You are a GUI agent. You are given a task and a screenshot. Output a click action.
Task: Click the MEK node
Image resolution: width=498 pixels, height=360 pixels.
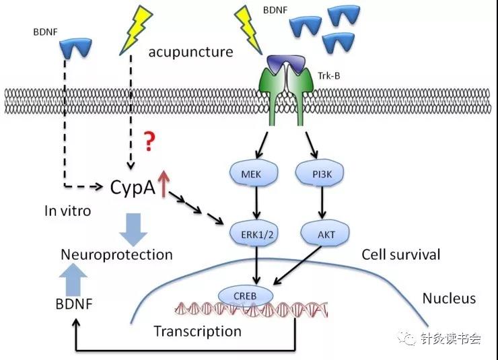(254, 174)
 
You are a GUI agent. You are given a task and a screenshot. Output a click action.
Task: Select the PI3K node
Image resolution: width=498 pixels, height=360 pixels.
(320, 174)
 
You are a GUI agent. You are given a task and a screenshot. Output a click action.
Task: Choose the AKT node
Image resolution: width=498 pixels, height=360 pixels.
(325, 234)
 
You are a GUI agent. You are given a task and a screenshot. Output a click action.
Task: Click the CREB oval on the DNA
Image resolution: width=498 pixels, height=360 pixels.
(245, 296)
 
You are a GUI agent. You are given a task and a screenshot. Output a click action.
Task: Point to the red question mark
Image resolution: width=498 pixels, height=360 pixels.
(149, 141)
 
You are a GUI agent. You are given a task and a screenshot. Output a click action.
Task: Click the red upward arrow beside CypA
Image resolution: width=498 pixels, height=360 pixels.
(164, 184)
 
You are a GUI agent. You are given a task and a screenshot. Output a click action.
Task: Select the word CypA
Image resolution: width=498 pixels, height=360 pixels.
(133, 188)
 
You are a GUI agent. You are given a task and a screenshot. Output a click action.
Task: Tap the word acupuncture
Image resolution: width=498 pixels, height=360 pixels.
(190, 52)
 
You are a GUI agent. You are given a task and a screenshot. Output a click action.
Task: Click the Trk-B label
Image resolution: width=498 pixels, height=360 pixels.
(328, 76)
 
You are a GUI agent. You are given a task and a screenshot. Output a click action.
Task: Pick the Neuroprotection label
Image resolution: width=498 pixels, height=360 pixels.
(116, 254)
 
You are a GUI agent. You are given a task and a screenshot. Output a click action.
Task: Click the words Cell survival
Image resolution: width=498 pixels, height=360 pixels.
(401, 254)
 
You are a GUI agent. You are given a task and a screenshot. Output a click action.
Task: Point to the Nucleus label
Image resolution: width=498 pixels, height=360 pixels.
(449, 298)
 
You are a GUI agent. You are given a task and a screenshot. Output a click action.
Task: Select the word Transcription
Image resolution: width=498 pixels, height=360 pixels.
(198, 331)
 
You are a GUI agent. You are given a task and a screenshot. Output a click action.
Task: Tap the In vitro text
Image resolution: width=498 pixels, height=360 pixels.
(68, 211)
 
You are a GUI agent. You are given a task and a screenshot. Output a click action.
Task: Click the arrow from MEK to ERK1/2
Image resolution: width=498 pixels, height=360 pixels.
(257, 203)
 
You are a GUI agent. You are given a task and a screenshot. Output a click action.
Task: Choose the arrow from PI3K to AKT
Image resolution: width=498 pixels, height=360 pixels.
(322, 203)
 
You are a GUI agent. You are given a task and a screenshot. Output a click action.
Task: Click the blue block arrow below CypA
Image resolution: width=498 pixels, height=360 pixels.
(133, 229)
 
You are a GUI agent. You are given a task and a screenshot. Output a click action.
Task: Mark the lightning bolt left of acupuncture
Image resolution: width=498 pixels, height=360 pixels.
(136, 30)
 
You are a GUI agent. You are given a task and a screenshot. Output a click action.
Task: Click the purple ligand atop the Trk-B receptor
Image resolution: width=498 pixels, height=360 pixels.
(286, 64)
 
